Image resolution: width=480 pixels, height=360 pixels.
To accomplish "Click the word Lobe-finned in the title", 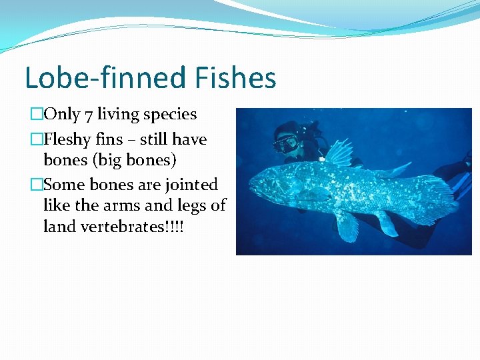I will [x=106, y=77].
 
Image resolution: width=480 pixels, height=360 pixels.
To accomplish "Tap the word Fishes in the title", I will [x=236, y=77].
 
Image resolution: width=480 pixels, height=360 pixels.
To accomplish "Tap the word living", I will [x=122, y=114].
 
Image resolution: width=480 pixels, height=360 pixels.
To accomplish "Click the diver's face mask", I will [x=286, y=143].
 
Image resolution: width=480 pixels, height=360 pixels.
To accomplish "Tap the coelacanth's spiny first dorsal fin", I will [x=337, y=153].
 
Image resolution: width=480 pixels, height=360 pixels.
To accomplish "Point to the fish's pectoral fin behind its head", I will [x=313, y=195].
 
